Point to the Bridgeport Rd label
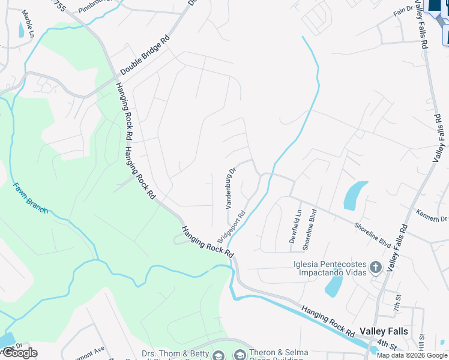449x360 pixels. pyautogui.click(x=232, y=226)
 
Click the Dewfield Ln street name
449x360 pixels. pyautogui.click(x=297, y=226)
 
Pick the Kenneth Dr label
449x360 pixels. pyautogui.click(x=432, y=216)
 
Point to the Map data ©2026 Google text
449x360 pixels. pyautogui.click(x=412, y=355)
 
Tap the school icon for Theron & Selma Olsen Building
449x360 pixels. pyautogui.click(x=240, y=355)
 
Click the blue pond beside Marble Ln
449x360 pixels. pyautogui.click(x=21, y=29)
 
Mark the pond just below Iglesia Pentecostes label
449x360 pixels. pyautogui.click(x=334, y=286)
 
